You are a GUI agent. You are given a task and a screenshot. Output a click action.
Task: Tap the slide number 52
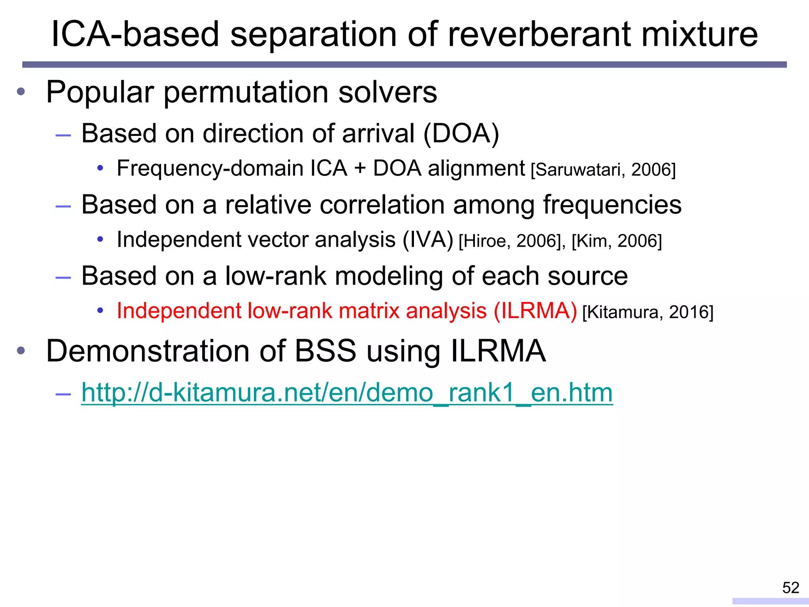point(791,588)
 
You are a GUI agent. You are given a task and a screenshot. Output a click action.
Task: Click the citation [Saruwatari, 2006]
point(603,170)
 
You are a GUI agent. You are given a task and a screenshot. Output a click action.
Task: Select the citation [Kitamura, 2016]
point(648,312)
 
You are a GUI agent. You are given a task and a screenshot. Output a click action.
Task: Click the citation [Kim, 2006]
point(617,241)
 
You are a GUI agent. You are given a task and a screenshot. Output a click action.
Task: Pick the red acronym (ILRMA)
point(535,311)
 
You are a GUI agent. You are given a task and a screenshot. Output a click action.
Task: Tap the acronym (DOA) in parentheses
point(461,133)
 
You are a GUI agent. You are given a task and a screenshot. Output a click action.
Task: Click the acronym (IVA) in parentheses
point(428,240)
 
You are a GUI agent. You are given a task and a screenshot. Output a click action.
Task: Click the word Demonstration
point(148,351)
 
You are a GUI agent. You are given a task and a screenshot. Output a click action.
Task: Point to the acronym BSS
point(325,351)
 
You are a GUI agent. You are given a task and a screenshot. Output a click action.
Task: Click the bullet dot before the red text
point(100,311)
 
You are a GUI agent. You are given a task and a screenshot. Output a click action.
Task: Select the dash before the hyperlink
point(63,394)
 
